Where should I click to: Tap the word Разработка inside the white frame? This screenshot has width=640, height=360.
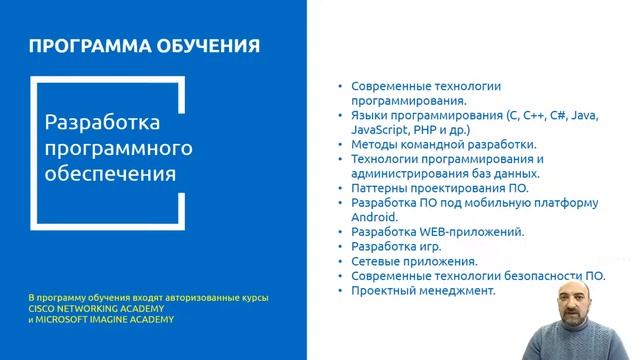coord(103,124)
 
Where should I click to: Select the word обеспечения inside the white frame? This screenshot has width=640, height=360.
coord(110,174)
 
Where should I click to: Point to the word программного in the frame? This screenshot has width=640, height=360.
coord(118,149)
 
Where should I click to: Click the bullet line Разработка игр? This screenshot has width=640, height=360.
coord(396,246)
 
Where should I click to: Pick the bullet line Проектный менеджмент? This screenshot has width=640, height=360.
coord(423,290)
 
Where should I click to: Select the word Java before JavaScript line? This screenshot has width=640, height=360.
coord(580,116)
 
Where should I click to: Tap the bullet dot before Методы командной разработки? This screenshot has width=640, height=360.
coord(341,145)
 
